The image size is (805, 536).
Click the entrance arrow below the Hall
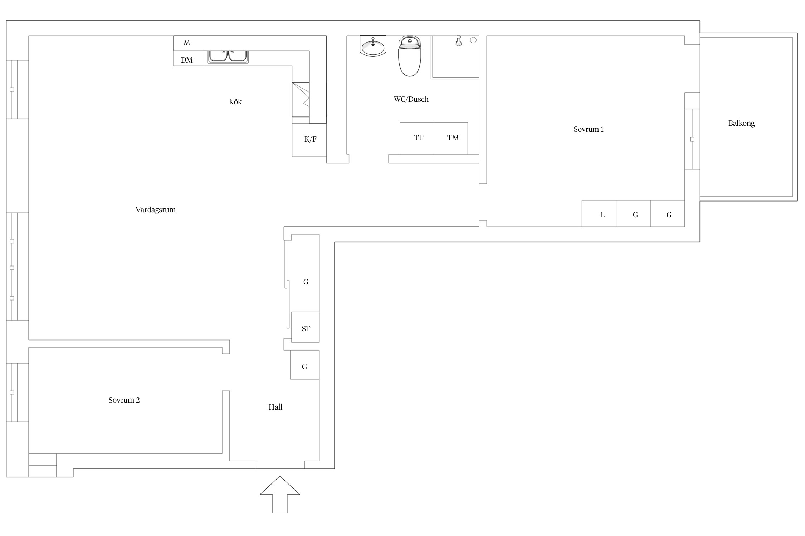[x=280, y=495]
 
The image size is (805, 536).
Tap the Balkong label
[x=741, y=124]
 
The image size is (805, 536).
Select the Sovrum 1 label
[x=589, y=129]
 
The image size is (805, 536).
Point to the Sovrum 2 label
[x=124, y=400]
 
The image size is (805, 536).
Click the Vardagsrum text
[x=156, y=210]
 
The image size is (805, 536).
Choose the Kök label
[x=235, y=102]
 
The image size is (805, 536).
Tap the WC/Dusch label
[x=411, y=99]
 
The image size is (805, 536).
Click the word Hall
[x=275, y=407]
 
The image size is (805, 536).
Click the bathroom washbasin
[x=373, y=46]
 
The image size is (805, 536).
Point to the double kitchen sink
[x=228, y=57]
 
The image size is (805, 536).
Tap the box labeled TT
[x=417, y=139]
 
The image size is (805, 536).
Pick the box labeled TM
[x=451, y=139]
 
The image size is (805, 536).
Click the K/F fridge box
[x=309, y=140]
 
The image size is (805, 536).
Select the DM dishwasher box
[x=189, y=59]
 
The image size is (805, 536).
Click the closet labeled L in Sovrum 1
[x=599, y=214]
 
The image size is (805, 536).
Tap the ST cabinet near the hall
[x=306, y=327]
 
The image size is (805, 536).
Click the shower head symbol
[x=458, y=41]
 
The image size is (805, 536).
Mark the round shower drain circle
[x=473, y=40]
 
